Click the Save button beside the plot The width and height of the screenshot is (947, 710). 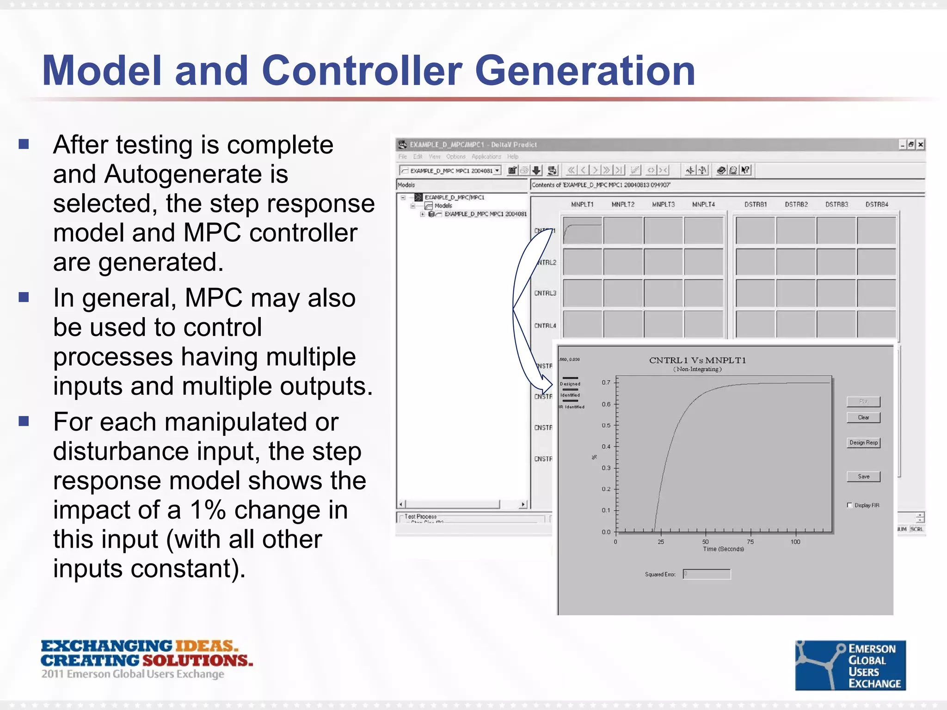(x=863, y=477)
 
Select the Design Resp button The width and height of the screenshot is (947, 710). (x=863, y=443)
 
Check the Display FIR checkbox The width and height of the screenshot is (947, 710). (x=849, y=505)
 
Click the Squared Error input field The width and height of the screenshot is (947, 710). (x=707, y=574)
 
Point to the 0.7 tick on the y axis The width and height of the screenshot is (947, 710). (x=606, y=382)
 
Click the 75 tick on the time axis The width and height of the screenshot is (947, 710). (x=750, y=541)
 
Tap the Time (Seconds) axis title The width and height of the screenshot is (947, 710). (x=723, y=549)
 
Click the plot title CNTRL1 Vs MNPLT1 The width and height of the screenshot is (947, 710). (x=697, y=360)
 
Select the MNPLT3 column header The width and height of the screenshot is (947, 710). (x=663, y=204)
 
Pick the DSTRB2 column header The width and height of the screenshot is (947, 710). (x=796, y=204)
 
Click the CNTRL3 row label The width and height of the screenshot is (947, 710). (x=545, y=293)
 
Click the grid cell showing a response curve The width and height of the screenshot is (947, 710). (x=582, y=230)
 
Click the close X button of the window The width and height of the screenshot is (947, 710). (x=920, y=145)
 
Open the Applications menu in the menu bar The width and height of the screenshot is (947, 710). (x=486, y=157)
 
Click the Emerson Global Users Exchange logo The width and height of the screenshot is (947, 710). (x=850, y=665)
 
